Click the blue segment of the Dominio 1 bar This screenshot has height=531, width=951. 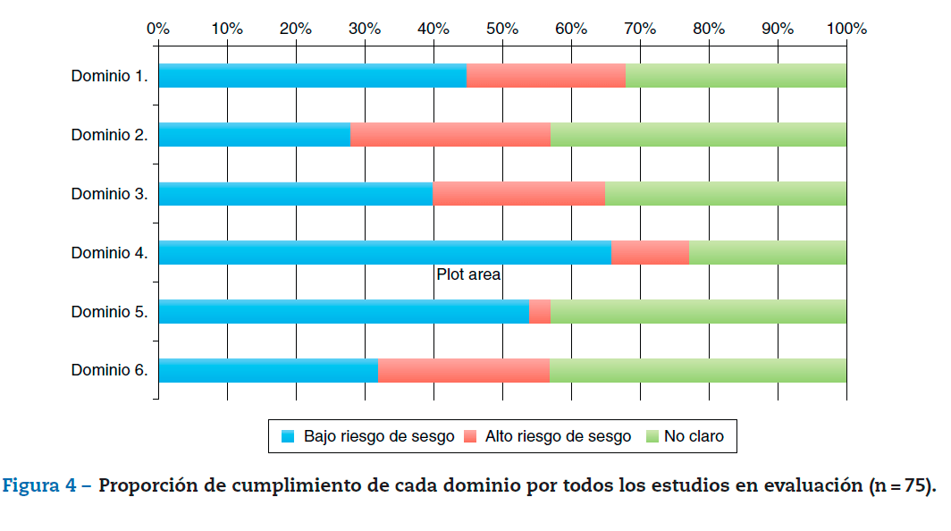point(312,76)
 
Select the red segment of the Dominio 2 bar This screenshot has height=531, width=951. point(450,135)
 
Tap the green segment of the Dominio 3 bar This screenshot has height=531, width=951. point(725,194)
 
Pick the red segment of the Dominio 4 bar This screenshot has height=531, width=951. point(650,253)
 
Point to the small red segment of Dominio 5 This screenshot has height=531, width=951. point(539,312)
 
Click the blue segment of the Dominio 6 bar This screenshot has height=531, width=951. point(268,371)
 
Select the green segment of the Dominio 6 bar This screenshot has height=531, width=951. point(697,371)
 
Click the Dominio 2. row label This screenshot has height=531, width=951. point(109,135)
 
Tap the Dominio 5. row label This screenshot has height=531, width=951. point(109,312)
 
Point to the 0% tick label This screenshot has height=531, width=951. point(158,28)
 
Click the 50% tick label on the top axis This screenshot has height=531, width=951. point(502,28)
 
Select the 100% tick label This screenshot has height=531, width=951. point(846,28)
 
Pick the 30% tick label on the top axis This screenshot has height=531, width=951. point(365,28)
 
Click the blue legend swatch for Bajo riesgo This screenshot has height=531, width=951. point(288,437)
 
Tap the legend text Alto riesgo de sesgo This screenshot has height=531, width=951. point(558,437)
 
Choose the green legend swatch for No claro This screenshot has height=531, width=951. point(652,437)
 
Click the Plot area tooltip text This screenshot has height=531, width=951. point(468,275)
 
